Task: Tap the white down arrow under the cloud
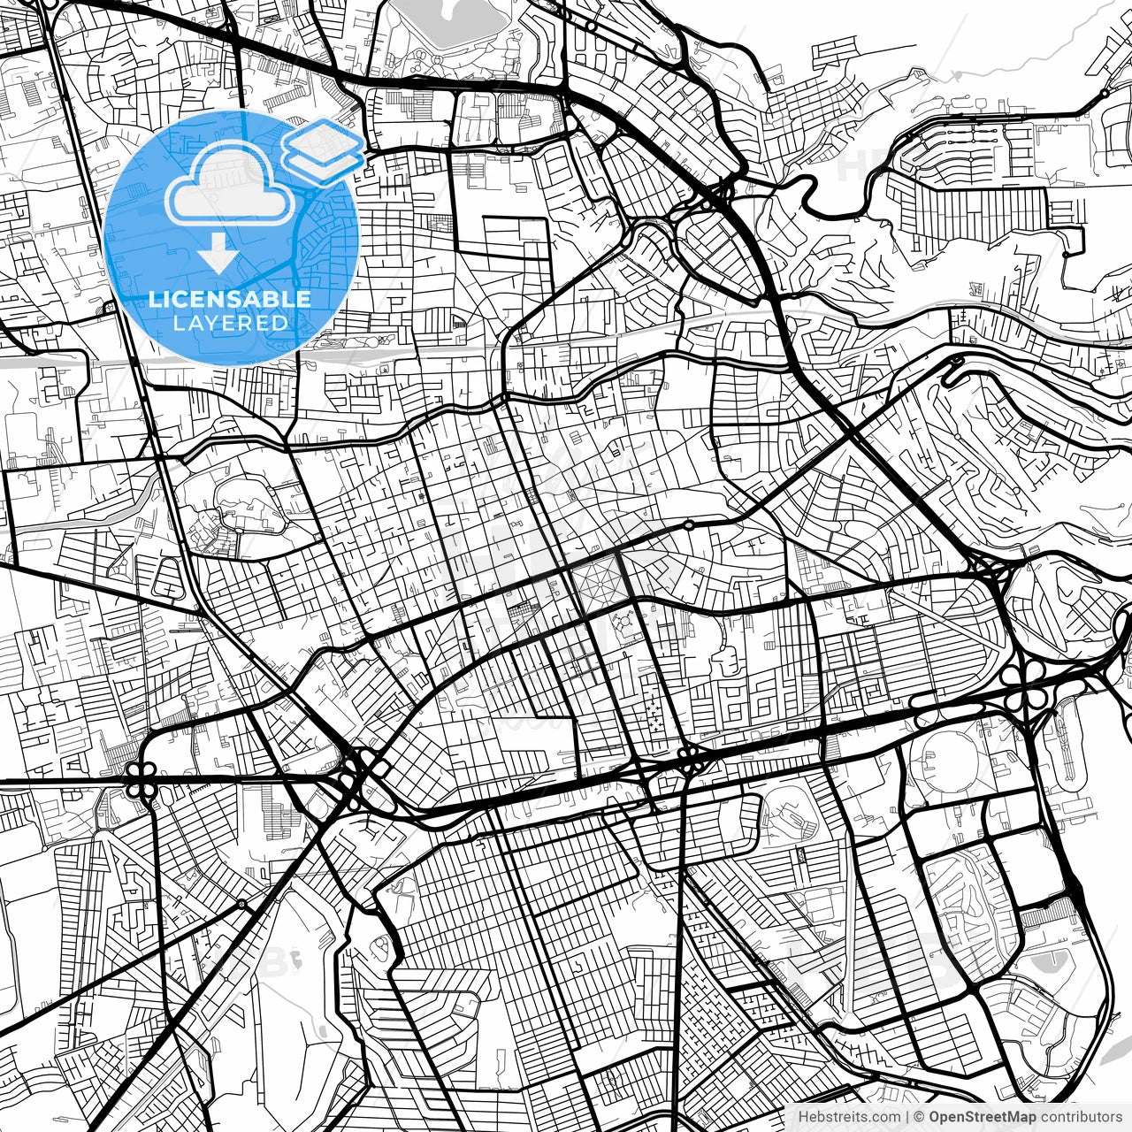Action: [218, 255]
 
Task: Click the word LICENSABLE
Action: [229, 299]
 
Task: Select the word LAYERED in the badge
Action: [230, 323]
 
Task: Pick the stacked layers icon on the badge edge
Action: [323, 146]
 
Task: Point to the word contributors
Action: [1081, 1116]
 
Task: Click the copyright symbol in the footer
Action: [919, 1116]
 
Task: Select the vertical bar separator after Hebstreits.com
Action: [907, 1116]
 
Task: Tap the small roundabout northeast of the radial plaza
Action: [689, 525]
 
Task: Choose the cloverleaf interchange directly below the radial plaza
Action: [690, 759]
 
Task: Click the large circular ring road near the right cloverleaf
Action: [942, 759]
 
